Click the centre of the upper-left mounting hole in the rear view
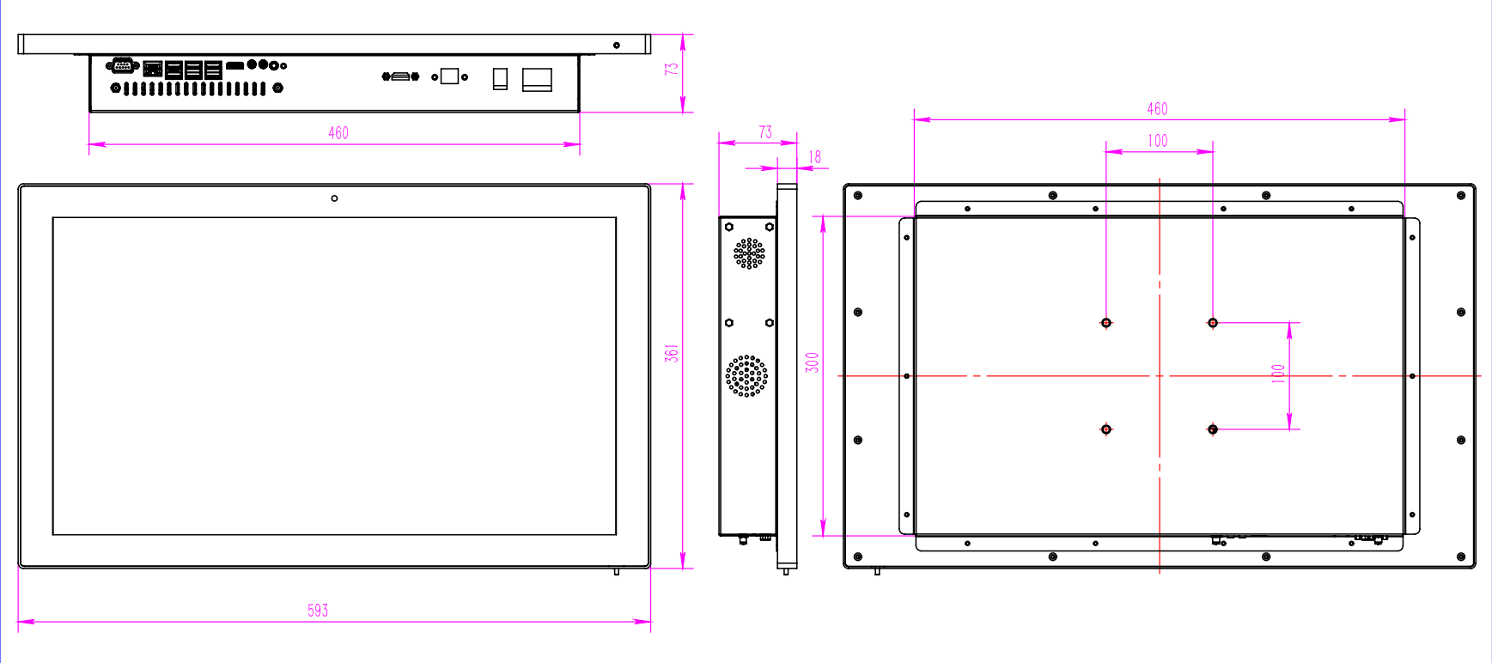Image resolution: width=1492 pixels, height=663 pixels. [1106, 323]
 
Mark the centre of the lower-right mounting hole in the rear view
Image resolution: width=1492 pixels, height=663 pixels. [1213, 429]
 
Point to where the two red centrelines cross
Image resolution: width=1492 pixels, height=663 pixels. [1160, 376]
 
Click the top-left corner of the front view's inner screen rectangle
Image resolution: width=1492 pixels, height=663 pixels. [53, 217]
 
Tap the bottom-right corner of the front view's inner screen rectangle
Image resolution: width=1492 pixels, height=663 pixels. [616, 535]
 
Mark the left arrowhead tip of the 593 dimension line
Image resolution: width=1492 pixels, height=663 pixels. [18, 621]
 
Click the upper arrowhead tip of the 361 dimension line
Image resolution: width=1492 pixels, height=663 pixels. [683, 184]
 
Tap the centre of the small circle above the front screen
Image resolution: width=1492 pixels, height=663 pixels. [334, 198]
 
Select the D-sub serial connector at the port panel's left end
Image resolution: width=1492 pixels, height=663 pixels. [122, 65]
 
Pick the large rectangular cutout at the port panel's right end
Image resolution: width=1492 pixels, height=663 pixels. [537, 80]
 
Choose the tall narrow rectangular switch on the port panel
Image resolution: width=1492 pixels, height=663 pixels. [500, 79]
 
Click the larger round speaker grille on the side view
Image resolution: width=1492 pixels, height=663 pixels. [746, 376]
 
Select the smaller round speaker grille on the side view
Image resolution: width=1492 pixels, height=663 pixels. [749, 253]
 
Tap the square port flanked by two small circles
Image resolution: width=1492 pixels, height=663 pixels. [449, 76]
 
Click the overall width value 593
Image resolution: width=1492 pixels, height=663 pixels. [318, 611]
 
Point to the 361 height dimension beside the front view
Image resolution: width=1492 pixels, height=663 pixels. [672, 353]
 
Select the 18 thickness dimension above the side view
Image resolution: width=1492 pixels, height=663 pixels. [815, 157]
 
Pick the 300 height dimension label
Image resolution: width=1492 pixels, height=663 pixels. [813, 362]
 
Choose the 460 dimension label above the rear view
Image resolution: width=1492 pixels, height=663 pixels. [1157, 109]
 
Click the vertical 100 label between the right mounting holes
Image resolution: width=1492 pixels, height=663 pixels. [1278, 374]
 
